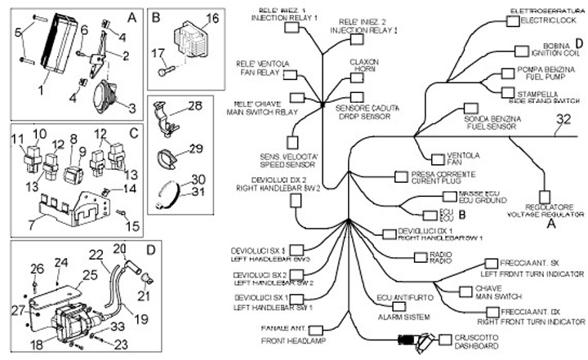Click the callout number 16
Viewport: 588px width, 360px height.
click(212, 18)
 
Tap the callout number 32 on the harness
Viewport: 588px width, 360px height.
click(563, 121)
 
